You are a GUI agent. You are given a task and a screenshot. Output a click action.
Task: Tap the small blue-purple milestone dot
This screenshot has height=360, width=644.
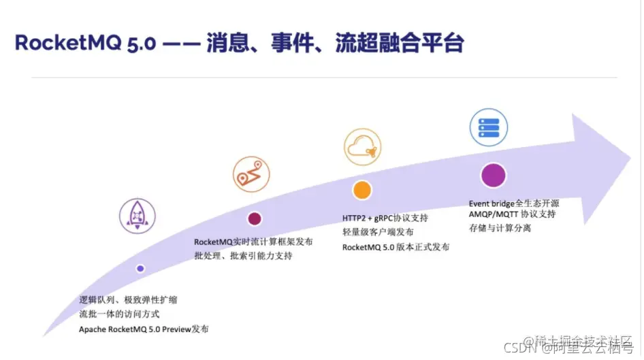pos(140,269)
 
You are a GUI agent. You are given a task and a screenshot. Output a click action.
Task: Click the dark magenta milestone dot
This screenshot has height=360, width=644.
pos(255,218)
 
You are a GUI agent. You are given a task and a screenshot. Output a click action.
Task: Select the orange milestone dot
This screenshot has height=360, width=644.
pos(362,190)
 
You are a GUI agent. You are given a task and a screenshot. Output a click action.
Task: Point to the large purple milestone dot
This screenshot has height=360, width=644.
pos(492,176)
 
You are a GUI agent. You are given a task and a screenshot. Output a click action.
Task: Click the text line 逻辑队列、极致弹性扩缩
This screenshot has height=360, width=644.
pos(128,299)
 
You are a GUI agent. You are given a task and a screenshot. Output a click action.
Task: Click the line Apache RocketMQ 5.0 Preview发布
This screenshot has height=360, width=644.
pos(144,329)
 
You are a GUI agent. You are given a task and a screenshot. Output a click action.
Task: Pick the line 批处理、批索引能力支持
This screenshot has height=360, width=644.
pos(243,256)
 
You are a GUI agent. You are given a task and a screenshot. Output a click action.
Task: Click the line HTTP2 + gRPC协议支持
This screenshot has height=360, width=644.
pos(385,218)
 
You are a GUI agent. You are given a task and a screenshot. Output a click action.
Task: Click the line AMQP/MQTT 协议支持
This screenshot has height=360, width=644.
pos(513,214)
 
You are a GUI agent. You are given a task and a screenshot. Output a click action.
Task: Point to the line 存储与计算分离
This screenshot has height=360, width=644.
pos(500,228)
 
